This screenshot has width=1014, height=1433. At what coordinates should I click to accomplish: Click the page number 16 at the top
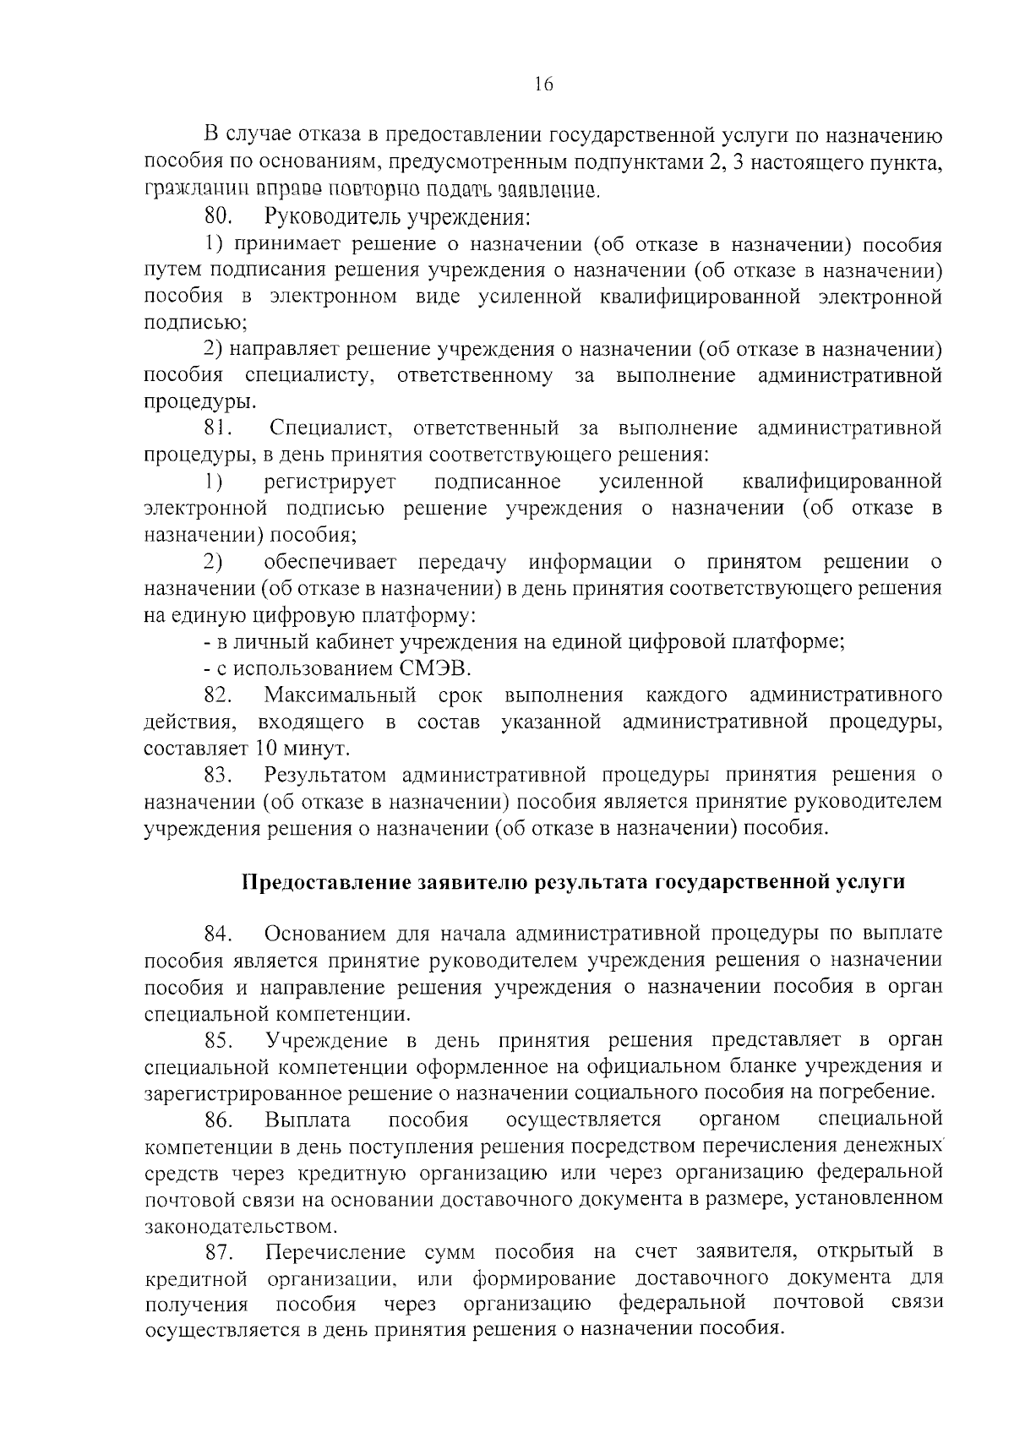[542, 84]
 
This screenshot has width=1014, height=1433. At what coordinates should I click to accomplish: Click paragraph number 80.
[218, 217]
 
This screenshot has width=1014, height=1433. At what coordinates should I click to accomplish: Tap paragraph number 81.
[218, 428]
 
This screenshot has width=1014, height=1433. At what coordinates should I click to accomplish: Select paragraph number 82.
[218, 695]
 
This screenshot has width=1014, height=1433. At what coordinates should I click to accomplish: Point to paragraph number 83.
[218, 775]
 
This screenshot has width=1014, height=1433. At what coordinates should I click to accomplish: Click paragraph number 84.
[218, 934]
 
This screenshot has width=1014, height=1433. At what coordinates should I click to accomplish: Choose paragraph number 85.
[218, 1039]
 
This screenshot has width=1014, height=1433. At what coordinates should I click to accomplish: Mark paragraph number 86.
[218, 1120]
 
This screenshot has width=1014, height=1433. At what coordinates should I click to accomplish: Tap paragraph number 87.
[218, 1251]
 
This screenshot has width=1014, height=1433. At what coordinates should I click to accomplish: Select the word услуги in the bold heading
[873, 882]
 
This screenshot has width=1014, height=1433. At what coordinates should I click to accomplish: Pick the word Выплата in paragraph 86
[307, 1120]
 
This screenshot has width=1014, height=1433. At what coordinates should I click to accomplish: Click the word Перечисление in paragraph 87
[335, 1251]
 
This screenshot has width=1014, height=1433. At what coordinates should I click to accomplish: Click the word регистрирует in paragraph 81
[330, 482]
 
